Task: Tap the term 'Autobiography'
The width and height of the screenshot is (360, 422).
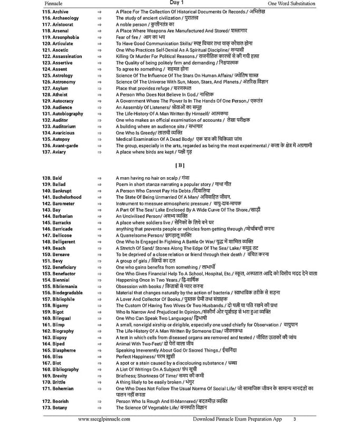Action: point(67,113)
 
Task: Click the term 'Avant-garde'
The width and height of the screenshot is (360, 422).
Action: point(65,146)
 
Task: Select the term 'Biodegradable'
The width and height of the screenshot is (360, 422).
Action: point(67,292)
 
